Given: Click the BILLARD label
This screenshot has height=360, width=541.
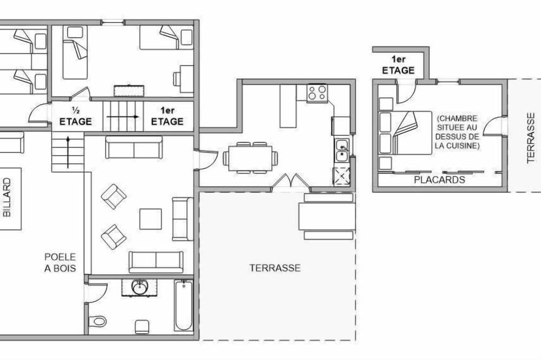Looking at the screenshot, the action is tap(7, 198).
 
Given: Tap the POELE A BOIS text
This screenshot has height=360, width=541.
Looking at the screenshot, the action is tap(60, 262).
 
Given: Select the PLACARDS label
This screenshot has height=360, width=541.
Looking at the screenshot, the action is tap(439, 179).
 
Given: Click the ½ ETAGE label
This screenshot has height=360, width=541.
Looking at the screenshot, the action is tap(76, 117).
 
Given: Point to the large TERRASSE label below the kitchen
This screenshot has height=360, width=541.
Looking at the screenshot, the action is tap(275, 268).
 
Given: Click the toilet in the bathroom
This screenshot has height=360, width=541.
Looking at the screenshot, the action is tap(97, 322).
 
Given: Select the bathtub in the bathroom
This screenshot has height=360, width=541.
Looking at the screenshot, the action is tap(183, 305).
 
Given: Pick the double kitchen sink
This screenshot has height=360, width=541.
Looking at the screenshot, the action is tap(342, 150).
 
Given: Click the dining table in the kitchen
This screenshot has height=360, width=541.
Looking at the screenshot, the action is tap(250, 158).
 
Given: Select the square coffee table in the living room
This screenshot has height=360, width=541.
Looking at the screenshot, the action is tap(150, 219).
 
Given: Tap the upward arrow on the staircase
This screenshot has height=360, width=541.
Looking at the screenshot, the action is tap(68, 152).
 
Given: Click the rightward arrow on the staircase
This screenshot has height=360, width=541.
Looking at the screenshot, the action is tap(123, 117).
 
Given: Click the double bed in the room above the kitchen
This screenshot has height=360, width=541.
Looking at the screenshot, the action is tap(405, 133).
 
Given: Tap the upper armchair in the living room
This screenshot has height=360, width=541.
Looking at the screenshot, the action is tap(114, 197).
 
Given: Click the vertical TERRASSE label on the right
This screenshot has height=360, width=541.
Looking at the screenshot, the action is tap(531, 138).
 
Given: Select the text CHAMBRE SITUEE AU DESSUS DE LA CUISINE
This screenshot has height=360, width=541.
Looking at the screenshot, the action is tap(457, 132).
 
